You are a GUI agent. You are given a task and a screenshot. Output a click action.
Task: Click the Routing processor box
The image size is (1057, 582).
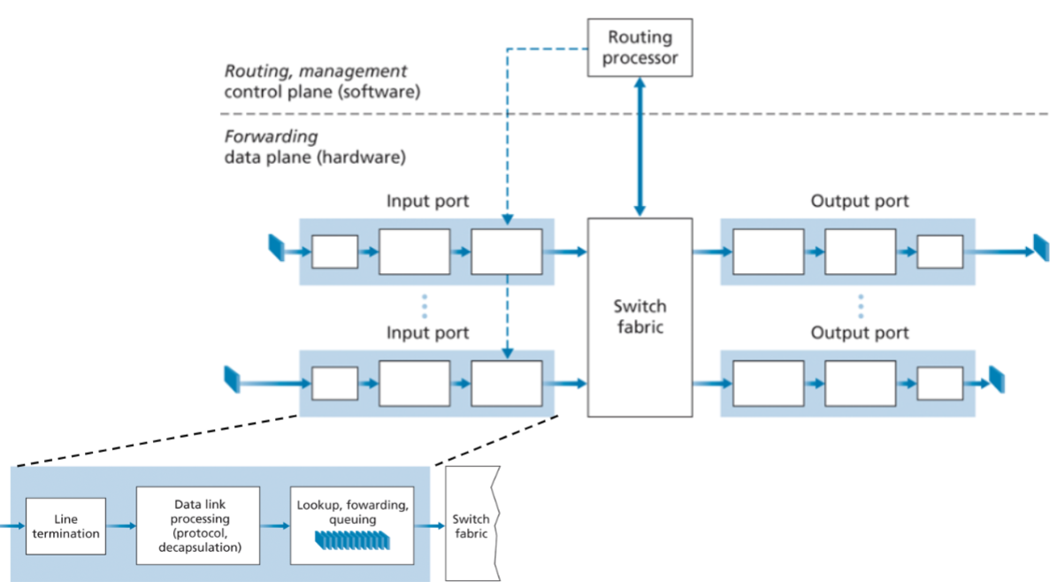click(x=640, y=49)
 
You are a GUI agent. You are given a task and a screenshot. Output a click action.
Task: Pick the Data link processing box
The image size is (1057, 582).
click(x=198, y=525)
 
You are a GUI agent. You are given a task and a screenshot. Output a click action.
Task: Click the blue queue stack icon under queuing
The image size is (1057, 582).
click(x=351, y=539)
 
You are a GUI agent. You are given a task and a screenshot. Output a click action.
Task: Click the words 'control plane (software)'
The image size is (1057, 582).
click(x=322, y=91)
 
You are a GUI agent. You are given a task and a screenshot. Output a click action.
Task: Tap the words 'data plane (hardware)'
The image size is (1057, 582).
click(x=315, y=158)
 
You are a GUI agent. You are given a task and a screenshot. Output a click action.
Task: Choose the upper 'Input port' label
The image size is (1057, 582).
click(x=427, y=201)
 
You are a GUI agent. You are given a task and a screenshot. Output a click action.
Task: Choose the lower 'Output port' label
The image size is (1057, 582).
click(x=859, y=333)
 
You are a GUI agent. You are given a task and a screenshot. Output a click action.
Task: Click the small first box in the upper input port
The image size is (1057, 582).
click(x=335, y=252)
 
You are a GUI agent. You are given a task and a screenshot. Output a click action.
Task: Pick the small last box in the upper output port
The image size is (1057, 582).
click(x=939, y=252)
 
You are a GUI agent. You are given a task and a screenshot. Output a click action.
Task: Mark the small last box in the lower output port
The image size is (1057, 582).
click(x=939, y=384)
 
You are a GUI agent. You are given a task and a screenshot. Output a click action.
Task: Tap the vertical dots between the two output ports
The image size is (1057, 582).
click(x=860, y=304)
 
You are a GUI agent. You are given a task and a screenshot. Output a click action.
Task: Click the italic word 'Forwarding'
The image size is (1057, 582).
click(x=271, y=138)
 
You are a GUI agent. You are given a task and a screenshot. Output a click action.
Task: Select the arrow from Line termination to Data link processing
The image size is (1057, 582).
click(x=121, y=525)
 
